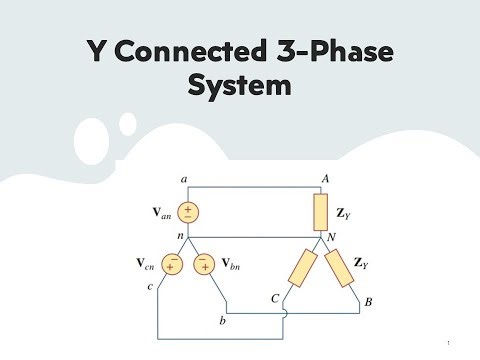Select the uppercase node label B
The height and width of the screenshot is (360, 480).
(370, 298)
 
